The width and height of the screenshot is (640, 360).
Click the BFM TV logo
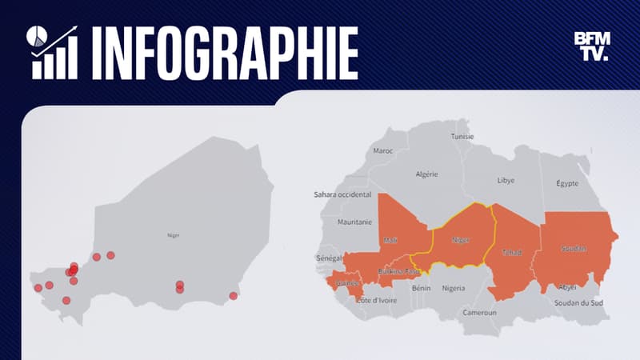[591, 46]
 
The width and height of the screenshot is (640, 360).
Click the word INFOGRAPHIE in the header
[225, 53]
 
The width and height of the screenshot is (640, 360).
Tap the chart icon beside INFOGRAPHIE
[54, 53]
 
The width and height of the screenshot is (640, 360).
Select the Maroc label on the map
[383, 150]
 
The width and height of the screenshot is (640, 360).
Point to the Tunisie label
[462, 136]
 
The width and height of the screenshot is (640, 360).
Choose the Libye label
[506, 181]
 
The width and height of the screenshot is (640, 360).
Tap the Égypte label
[567, 183]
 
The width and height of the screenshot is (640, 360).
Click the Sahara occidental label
[342, 194]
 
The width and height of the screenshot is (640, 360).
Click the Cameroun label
[480, 312]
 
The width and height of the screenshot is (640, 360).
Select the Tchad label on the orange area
[511, 253]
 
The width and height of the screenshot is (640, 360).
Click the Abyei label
[567, 286]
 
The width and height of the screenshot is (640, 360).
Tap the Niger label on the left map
[174, 236]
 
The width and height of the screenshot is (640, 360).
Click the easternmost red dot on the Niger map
[233, 296]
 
